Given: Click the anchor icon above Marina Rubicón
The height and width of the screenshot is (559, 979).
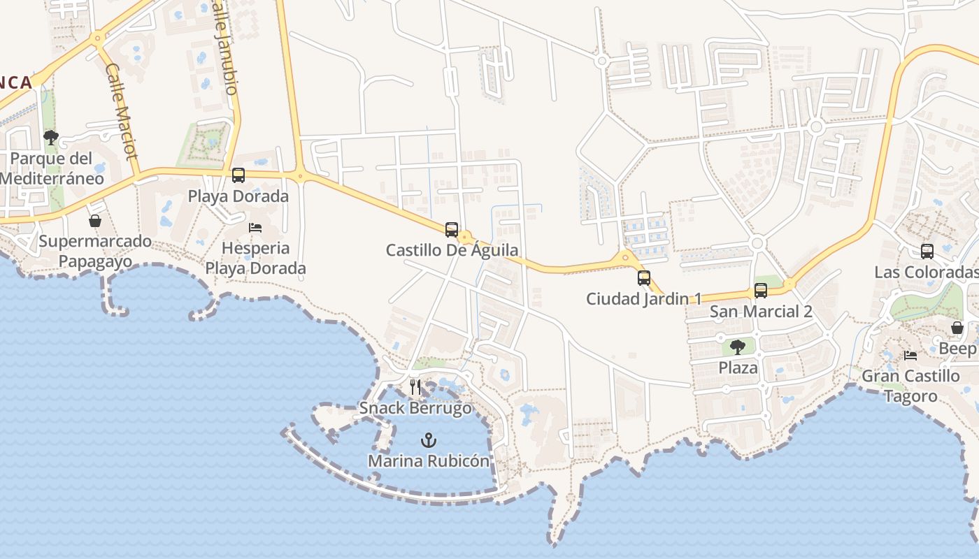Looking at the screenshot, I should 428,440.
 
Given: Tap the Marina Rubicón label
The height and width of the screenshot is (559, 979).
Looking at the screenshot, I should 429,461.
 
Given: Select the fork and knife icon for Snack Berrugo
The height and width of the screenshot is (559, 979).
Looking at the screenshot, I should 415,387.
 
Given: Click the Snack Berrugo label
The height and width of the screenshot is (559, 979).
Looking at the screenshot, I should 415,408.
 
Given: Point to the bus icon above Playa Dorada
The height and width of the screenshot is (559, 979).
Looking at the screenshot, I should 238,175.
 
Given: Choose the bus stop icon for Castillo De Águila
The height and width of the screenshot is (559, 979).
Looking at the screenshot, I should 452,229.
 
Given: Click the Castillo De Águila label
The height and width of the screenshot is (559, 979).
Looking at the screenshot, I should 452,250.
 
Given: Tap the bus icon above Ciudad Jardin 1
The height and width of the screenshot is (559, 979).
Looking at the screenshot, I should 644,278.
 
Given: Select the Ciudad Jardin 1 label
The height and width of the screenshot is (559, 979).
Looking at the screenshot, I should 643,299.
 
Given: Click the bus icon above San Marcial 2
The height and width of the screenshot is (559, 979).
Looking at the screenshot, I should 761,291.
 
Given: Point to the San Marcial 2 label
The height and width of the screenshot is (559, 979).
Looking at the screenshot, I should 761,312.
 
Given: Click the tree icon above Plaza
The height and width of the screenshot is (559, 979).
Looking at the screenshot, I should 738,347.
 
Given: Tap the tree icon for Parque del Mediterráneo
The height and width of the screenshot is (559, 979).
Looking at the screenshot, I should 50,137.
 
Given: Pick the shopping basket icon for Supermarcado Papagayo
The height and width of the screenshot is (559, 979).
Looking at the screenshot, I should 95,221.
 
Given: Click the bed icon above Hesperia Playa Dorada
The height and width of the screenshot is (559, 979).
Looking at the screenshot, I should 255,228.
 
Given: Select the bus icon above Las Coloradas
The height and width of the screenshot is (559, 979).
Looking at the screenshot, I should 927,252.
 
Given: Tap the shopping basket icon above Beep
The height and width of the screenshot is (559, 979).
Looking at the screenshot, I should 957,328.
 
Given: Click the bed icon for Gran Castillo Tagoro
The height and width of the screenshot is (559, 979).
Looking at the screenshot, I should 910,355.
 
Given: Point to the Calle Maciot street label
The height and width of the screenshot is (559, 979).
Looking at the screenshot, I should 122,111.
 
